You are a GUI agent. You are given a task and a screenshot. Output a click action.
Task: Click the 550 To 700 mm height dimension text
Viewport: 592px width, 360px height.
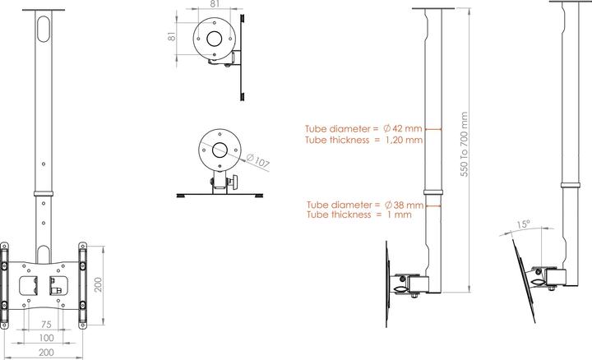tap(465, 145)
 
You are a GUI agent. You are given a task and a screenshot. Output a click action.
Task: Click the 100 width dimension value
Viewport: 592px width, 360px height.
tap(48, 338)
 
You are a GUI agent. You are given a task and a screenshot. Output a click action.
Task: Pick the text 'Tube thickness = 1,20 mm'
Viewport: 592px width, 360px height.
tap(363, 141)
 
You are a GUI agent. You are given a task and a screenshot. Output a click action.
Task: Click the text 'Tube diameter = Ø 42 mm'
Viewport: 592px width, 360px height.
tap(363, 129)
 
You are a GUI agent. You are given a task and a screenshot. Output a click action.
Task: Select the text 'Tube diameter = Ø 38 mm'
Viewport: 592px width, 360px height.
tap(364, 204)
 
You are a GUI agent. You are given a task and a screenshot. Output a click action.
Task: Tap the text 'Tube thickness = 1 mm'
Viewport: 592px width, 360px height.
tap(358, 215)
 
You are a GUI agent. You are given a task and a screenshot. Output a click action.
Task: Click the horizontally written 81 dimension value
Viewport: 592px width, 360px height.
tap(215, 4)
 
